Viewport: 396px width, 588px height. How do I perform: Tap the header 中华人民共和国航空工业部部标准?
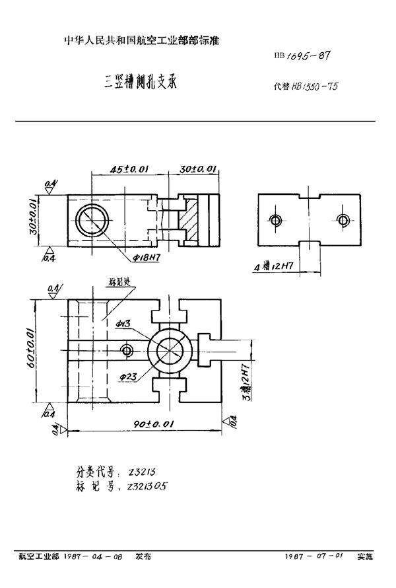pos(141,41)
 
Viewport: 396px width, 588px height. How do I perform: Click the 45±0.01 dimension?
pos(129,169)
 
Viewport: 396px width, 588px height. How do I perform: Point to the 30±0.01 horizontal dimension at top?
pos(199,169)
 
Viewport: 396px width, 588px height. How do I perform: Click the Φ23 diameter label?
pos(129,377)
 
